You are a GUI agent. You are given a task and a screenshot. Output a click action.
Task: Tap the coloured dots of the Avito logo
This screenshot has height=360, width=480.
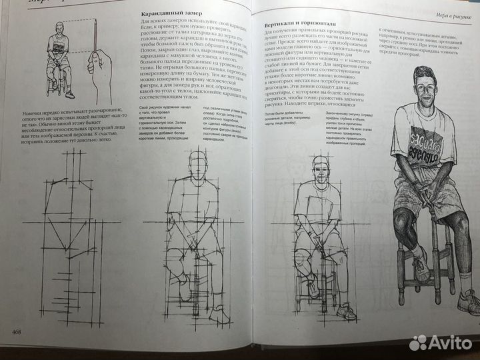(419, 343)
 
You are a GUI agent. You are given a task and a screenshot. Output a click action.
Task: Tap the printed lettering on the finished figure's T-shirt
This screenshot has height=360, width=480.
(425, 145)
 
